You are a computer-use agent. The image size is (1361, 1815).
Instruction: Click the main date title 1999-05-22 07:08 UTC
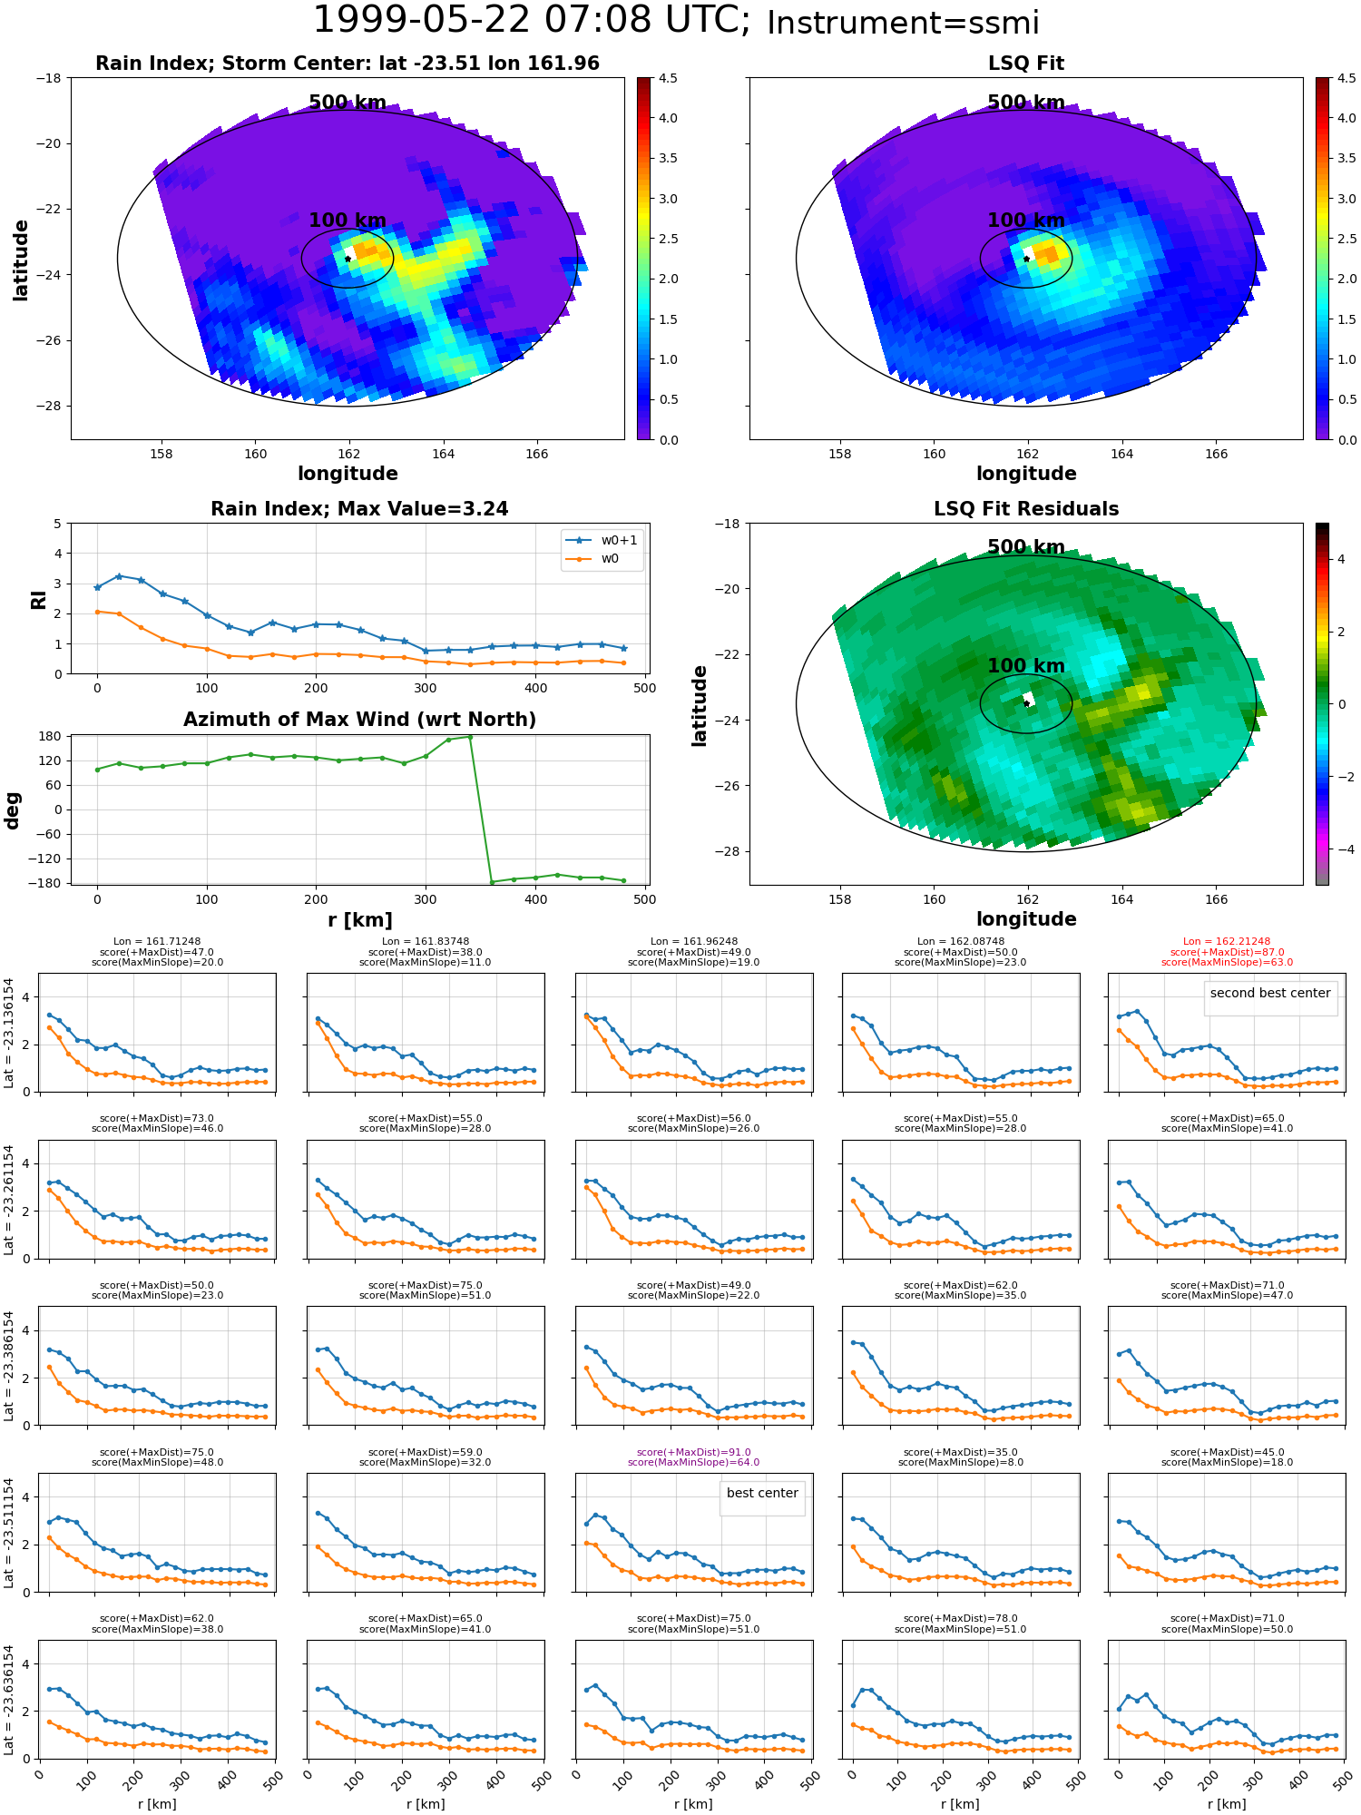click(532, 20)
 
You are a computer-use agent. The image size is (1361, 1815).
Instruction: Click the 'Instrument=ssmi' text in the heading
click(903, 23)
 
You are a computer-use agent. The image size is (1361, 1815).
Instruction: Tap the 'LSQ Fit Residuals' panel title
click(1026, 509)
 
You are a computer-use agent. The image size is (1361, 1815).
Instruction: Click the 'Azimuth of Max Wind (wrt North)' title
click(359, 720)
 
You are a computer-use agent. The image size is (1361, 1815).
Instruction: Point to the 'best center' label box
click(762, 1493)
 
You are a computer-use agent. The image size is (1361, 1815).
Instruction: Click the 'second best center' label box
click(1270, 993)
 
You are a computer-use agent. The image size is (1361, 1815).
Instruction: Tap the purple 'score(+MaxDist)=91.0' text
click(694, 1452)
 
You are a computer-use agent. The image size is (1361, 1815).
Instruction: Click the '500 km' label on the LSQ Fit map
click(1026, 103)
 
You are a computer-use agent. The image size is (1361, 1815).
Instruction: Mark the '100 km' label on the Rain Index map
click(348, 221)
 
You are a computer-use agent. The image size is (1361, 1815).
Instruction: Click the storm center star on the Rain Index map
click(348, 259)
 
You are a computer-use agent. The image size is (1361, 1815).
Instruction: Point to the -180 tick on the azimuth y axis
click(50, 883)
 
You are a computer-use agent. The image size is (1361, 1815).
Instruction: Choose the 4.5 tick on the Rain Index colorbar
click(668, 78)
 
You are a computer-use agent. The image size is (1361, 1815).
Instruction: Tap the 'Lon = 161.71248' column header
click(157, 942)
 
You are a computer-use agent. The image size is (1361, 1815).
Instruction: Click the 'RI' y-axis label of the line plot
click(38, 599)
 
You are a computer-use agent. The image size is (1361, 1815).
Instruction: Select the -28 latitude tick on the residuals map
click(729, 851)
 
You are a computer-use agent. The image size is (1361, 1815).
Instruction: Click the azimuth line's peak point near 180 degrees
click(469, 737)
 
